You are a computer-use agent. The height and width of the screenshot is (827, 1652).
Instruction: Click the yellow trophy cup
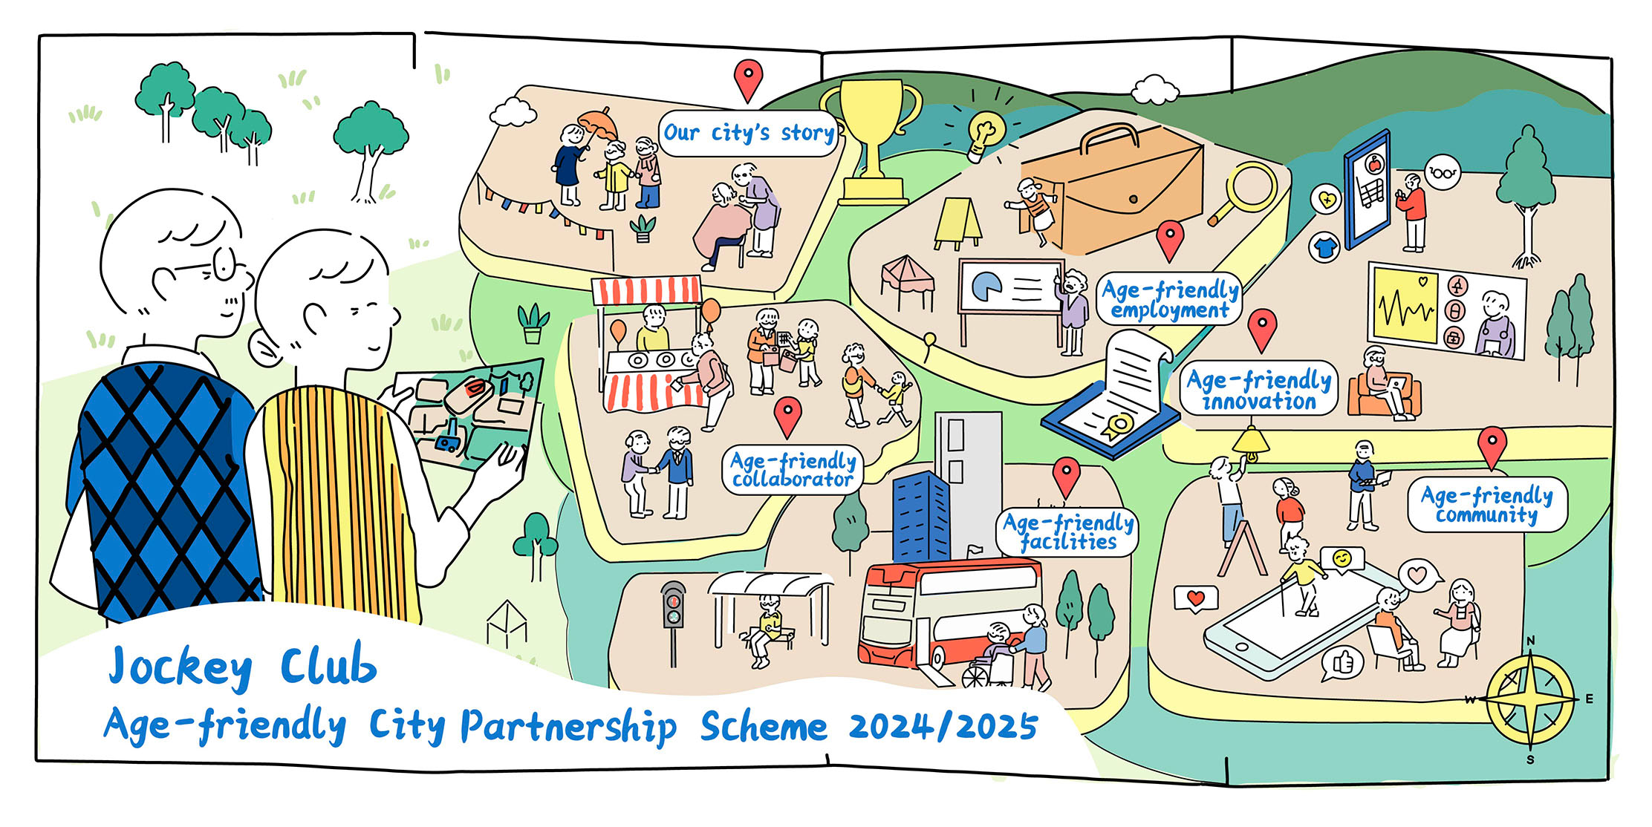point(871,141)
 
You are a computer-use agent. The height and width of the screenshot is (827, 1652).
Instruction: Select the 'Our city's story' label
point(749,133)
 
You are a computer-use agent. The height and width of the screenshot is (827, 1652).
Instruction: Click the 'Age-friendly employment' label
point(1169,299)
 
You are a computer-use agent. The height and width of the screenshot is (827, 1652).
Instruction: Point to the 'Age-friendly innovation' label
point(1258,390)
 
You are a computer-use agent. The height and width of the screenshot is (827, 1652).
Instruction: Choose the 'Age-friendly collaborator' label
point(793,470)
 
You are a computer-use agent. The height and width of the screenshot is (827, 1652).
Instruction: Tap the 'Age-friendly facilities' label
point(1067,532)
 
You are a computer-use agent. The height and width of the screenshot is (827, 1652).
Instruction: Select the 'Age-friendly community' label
point(1486,505)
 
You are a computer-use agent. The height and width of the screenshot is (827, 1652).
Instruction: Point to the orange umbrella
point(598,125)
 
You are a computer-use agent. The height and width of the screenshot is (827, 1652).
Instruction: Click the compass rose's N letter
point(1530,641)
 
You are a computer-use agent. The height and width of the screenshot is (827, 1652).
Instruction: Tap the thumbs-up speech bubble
point(1342,663)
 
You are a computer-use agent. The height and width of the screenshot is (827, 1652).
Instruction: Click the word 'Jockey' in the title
point(181,666)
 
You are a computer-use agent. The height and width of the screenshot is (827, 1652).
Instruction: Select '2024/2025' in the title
point(943,726)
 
